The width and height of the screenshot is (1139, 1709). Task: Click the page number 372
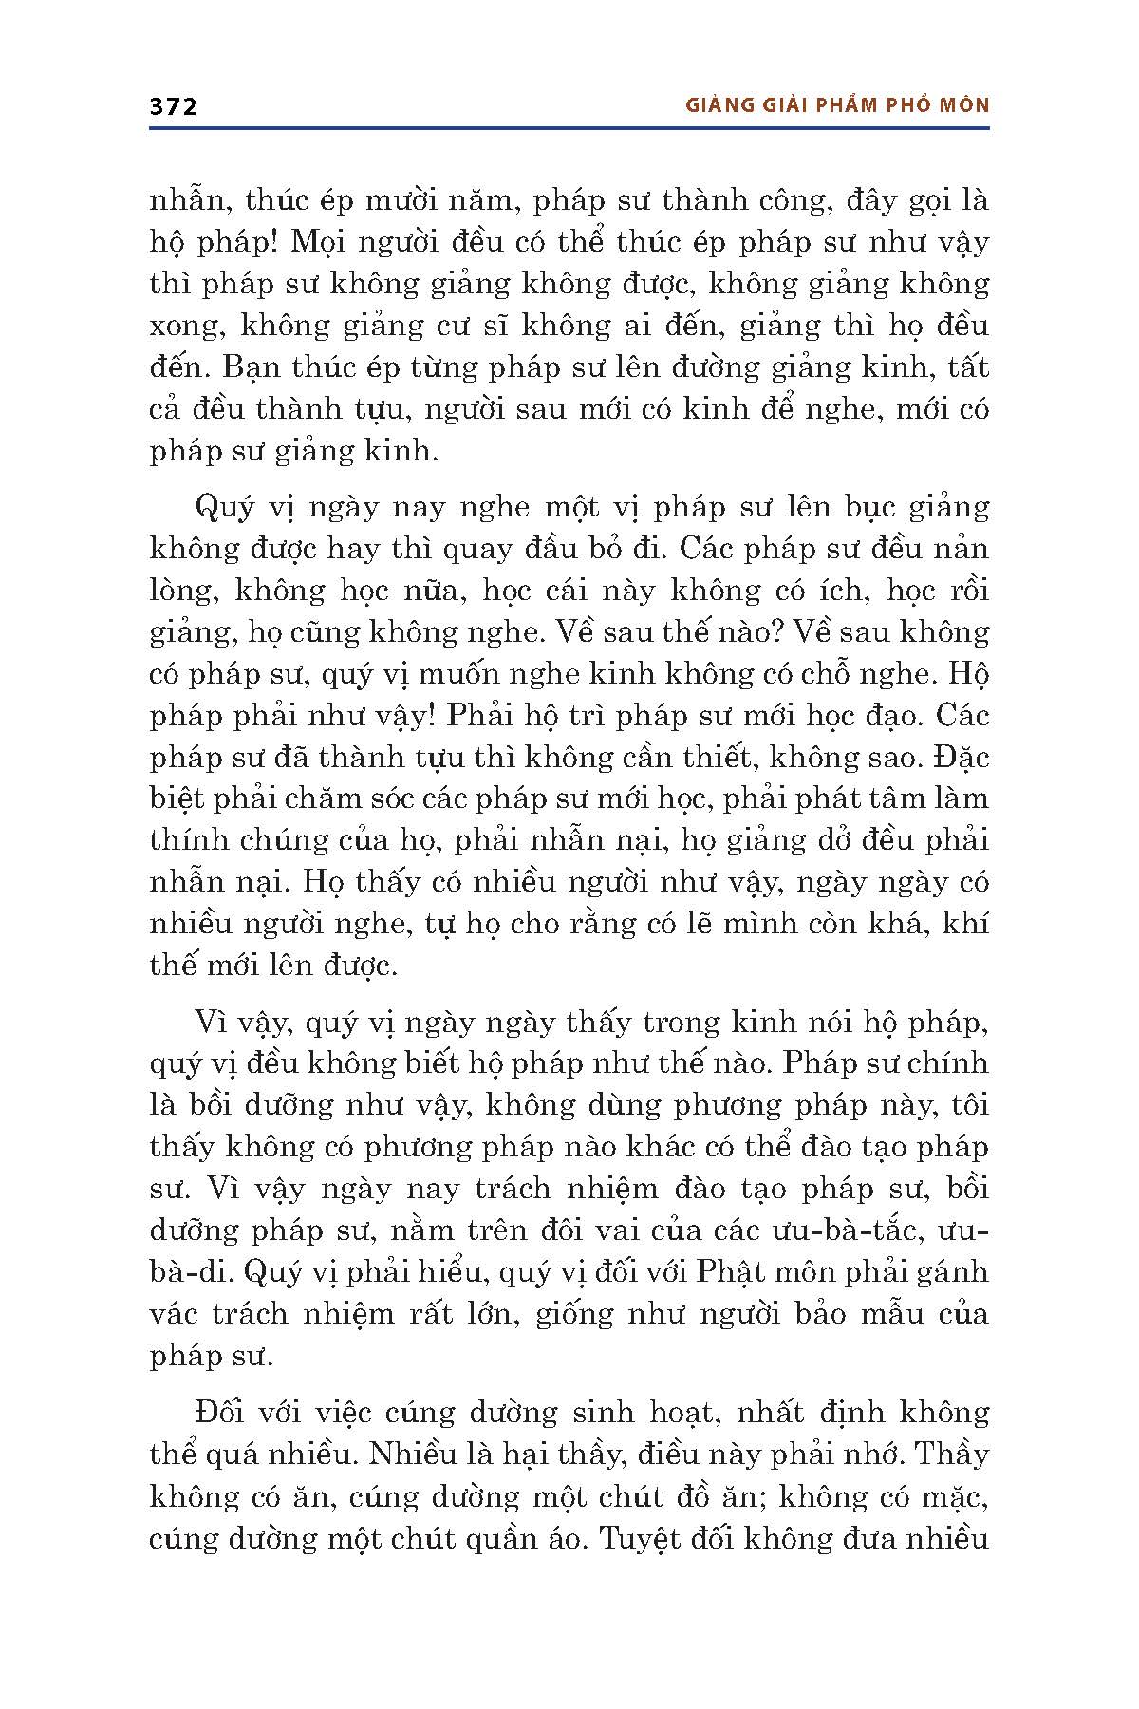tap(173, 107)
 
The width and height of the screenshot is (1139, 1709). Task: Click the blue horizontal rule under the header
tap(569, 126)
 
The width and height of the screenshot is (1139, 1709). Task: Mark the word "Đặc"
tap(960, 758)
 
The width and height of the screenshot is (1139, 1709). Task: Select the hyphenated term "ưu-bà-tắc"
tap(854, 1230)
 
